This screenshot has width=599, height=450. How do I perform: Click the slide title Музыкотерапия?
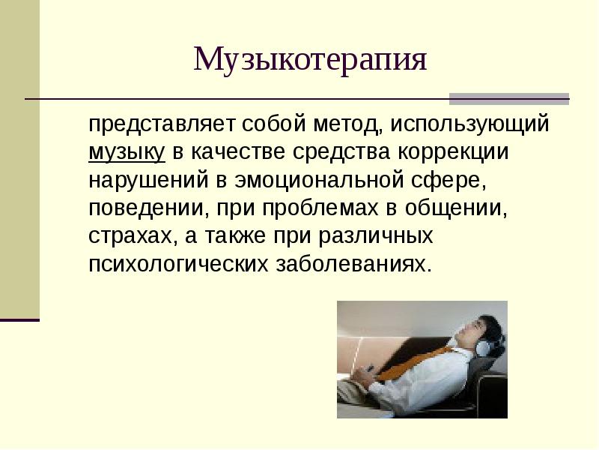click(x=310, y=60)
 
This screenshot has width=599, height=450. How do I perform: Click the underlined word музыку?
click(x=126, y=152)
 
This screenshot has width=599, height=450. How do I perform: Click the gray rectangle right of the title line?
click(x=508, y=99)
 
